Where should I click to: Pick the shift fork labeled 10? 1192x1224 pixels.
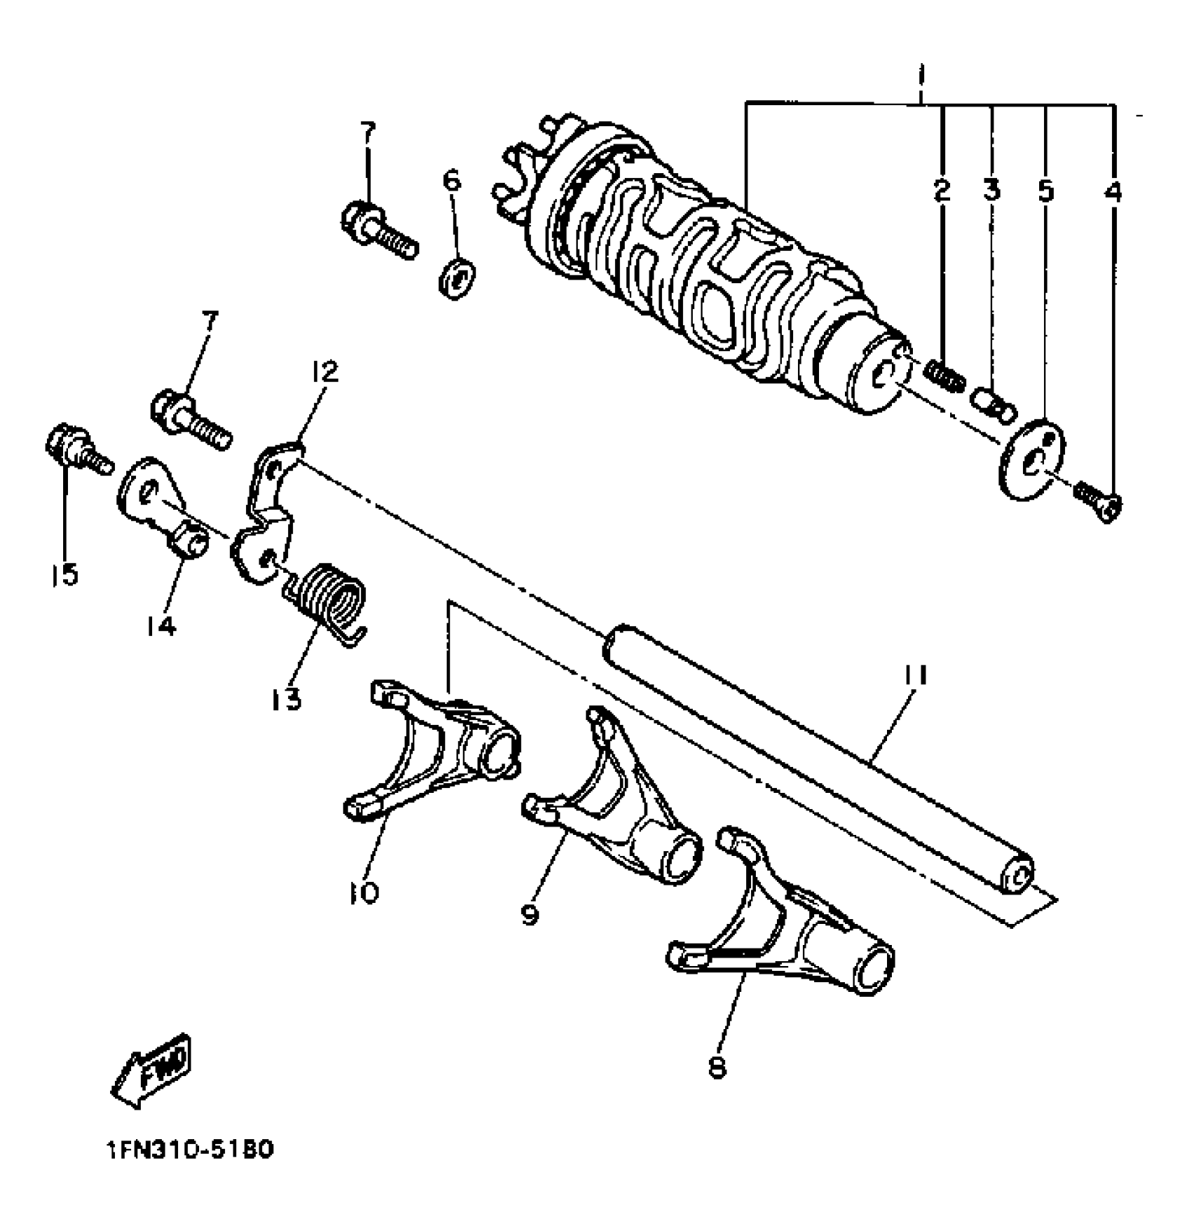coord(435,757)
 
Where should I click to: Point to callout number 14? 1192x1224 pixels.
coord(161,625)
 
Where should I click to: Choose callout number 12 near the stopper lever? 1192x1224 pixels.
coord(322,372)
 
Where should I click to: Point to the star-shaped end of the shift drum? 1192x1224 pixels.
coord(526,175)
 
